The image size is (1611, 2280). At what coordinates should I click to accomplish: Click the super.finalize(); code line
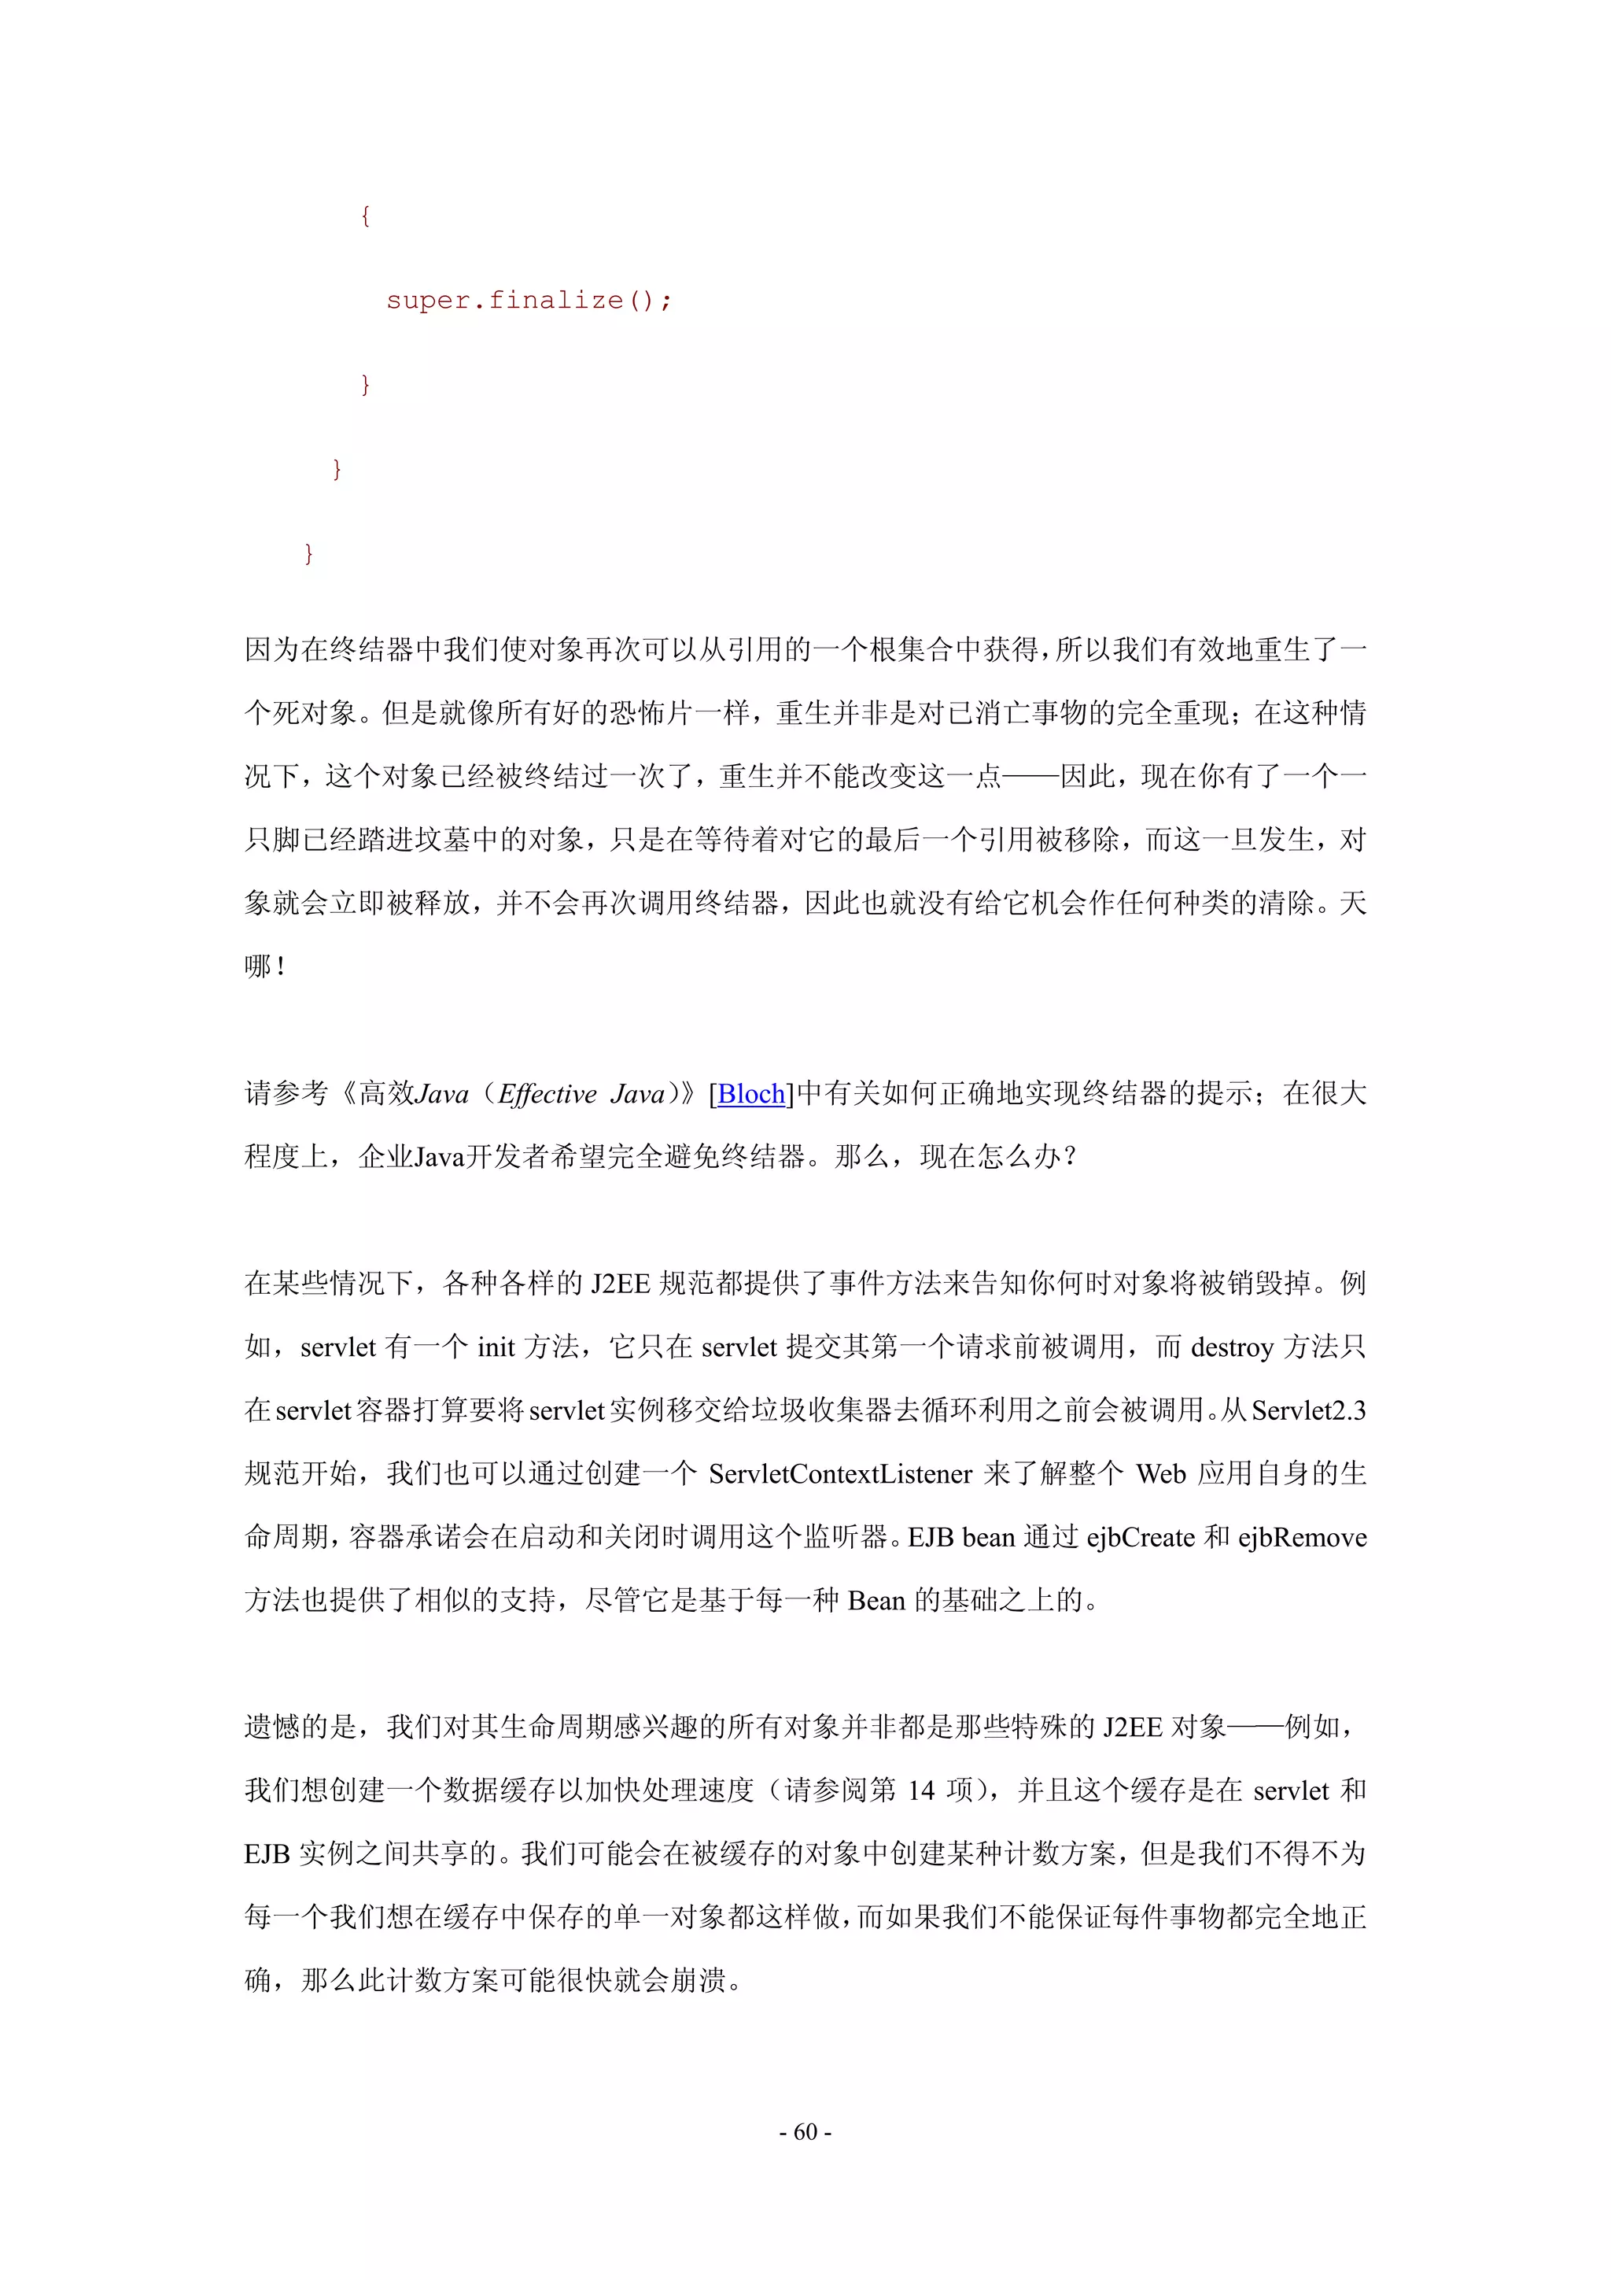(528, 300)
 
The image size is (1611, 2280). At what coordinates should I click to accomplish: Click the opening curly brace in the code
(365, 216)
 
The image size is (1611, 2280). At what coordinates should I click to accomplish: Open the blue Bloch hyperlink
(751, 1093)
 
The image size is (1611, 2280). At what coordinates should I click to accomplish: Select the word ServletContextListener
(840, 1473)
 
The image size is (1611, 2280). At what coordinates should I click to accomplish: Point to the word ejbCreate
(1141, 1537)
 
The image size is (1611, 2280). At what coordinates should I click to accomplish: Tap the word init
(496, 1347)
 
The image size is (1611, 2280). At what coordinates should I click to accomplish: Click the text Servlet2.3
(1308, 1410)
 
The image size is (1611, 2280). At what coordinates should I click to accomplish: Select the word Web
(1160, 1473)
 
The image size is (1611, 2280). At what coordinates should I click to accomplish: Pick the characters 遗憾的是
(300, 1727)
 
